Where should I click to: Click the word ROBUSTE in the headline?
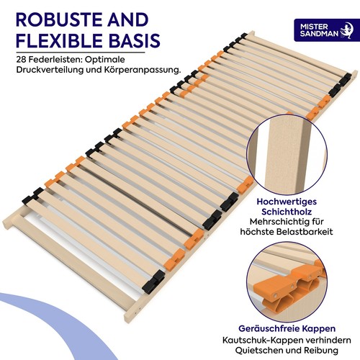[57, 19]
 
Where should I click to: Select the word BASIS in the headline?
[135, 40]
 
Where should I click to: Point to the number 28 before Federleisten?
[22, 60]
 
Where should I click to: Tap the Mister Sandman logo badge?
[324, 30]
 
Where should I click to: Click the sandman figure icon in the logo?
[346, 30]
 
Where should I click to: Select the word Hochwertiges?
[287, 202]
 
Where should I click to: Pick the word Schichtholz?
[287, 212]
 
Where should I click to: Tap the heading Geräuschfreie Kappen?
[287, 328]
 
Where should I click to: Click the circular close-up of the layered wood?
[287, 154]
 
